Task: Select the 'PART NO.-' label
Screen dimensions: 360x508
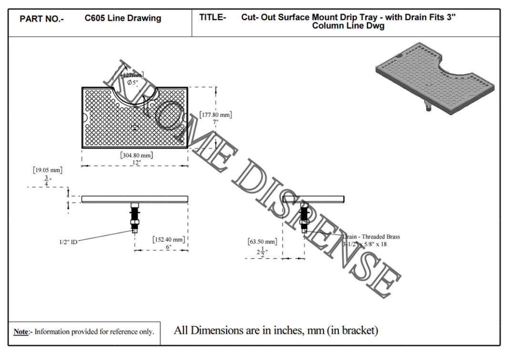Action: [x=42, y=19]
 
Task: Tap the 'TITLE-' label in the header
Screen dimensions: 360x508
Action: [x=212, y=18]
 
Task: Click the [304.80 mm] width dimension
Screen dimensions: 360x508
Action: [x=136, y=155]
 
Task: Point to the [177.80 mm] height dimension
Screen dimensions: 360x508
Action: [x=215, y=114]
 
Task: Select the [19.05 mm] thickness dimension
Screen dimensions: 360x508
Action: [x=48, y=170]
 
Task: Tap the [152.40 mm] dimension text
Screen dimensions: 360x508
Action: [x=168, y=239]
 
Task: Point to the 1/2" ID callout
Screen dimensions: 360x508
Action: [x=67, y=242]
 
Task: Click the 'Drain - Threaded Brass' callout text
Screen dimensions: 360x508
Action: [x=372, y=237]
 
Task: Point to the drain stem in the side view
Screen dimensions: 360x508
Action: [x=304, y=217]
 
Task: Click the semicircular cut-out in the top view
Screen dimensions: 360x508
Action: [x=135, y=95]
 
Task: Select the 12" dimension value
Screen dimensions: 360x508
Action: [x=136, y=162]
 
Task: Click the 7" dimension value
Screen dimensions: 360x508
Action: [x=215, y=122]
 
